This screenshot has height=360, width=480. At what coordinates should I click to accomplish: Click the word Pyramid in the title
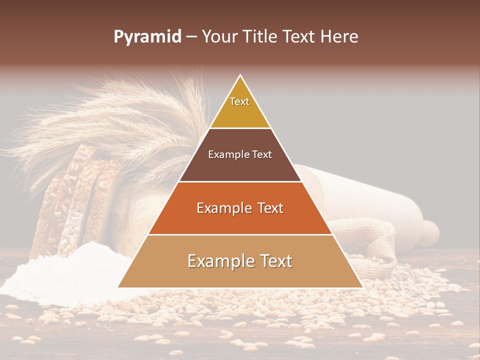click(147, 37)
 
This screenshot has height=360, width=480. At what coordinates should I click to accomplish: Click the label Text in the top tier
click(239, 101)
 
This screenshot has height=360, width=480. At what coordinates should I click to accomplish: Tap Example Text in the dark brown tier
click(240, 154)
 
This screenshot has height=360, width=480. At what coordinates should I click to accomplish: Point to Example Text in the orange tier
click(240, 208)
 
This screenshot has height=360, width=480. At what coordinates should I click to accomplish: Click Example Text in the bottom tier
click(240, 261)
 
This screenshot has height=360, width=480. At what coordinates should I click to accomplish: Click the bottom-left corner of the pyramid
click(118, 287)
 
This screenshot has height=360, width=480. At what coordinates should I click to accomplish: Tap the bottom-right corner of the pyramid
click(362, 287)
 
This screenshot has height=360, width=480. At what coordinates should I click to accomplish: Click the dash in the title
click(191, 37)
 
